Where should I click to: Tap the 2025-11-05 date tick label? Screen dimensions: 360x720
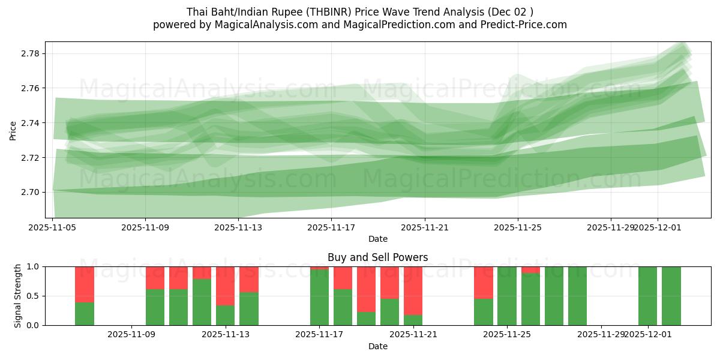click(x=53, y=227)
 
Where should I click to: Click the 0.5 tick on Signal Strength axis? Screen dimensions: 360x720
click(x=33, y=296)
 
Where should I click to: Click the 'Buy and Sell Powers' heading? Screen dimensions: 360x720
click(x=377, y=257)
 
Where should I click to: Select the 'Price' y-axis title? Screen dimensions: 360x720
click(x=13, y=130)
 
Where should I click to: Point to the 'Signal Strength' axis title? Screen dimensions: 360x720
click(x=18, y=296)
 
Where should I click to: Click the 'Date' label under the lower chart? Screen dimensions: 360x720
click(x=377, y=346)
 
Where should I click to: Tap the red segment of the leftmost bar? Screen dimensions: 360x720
click(x=85, y=284)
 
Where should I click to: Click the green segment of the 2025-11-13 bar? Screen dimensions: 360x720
click(x=226, y=315)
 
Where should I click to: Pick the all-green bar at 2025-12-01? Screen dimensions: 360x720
click(x=648, y=296)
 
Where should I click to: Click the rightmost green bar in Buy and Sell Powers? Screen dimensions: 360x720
click(x=671, y=296)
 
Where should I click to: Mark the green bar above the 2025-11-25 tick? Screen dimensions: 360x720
click(x=507, y=296)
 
